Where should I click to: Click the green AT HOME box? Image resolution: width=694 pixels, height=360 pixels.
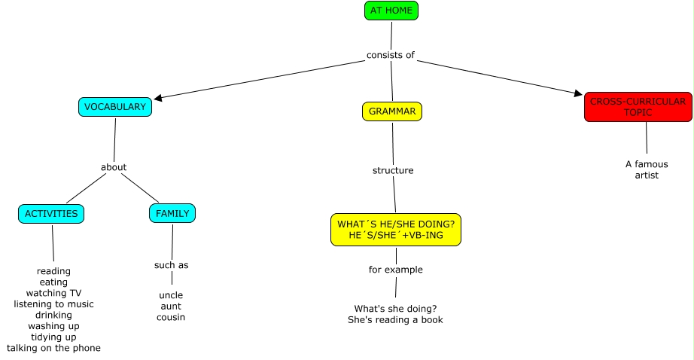(391, 11)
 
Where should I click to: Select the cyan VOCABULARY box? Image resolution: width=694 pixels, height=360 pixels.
(115, 107)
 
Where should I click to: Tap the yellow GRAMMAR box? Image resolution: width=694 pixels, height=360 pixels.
(392, 111)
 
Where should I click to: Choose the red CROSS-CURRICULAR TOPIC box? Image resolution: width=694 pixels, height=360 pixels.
(638, 107)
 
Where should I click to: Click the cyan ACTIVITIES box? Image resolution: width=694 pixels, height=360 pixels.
(51, 214)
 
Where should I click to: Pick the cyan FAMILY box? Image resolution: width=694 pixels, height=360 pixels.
(172, 214)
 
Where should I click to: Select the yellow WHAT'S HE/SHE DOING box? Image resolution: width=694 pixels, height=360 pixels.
(396, 230)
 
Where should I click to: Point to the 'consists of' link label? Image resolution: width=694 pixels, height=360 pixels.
(391, 55)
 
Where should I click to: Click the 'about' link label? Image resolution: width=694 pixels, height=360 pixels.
(114, 167)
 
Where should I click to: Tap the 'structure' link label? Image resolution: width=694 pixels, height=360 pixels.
(393, 170)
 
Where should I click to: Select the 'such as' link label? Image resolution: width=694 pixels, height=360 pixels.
(172, 265)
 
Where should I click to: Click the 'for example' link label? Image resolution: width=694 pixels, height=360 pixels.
(396, 270)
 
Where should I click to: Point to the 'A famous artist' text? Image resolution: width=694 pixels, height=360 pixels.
(647, 169)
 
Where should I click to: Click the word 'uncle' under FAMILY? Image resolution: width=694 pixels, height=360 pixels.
(171, 295)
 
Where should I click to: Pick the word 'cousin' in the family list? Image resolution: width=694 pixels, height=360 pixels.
(171, 317)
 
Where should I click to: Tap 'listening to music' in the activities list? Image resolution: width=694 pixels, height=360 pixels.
(53, 304)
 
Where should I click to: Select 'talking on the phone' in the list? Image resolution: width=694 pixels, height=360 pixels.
(53, 348)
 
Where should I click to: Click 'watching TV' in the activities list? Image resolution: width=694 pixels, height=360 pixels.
(53, 293)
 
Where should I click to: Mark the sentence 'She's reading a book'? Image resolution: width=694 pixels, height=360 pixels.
(395, 319)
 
